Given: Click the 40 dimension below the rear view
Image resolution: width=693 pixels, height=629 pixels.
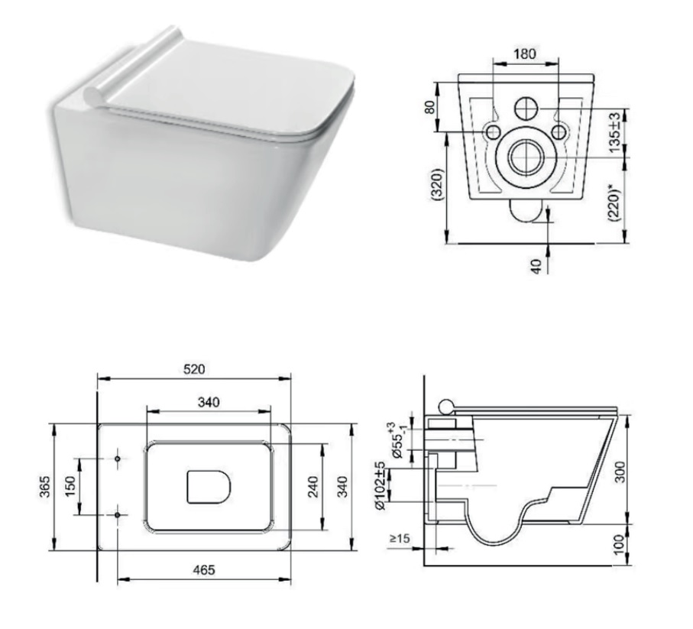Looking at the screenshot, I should tap(537, 266).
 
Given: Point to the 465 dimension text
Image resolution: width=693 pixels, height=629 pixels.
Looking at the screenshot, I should tap(203, 569).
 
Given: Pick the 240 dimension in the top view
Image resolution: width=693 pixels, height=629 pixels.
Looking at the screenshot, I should tap(312, 487).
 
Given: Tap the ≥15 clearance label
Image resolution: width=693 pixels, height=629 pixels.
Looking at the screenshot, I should tap(399, 539).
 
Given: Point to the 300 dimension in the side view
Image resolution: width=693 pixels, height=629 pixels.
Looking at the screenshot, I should tap(621, 471).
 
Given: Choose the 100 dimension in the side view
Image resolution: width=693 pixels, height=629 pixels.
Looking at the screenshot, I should tap(620, 544).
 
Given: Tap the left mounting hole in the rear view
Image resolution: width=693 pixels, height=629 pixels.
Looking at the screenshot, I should tap(491, 132).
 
